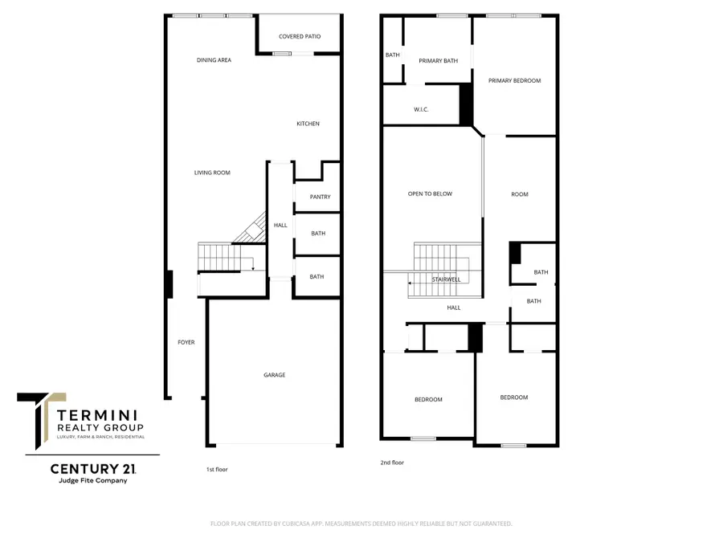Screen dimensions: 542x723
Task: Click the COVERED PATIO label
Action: tap(296, 36)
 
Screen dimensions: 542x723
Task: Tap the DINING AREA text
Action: tap(214, 60)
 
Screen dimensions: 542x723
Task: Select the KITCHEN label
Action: tap(308, 124)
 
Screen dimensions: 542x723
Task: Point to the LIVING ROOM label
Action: tap(212, 173)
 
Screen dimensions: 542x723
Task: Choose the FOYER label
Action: tap(186, 343)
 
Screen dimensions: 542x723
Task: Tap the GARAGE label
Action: tap(275, 375)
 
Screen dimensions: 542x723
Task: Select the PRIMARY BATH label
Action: tap(437, 60)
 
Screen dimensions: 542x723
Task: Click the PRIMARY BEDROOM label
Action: tap(514, 80)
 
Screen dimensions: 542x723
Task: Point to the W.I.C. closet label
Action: tap(422, 110)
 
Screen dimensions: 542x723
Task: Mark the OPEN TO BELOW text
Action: tap(430, 194)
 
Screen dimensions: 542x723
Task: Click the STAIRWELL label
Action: tap(445, 280)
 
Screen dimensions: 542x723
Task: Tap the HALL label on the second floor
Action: tap(454, 308)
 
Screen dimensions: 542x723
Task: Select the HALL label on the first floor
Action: tap(280, 226)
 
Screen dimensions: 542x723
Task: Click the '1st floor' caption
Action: tap(217, 469)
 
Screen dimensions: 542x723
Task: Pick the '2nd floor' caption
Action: tap(392, 463)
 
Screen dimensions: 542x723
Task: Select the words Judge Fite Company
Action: tap(88, 481)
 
